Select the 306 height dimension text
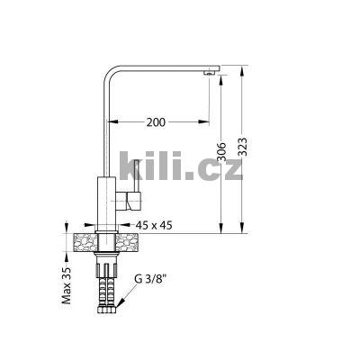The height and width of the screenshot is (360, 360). coord(221,154)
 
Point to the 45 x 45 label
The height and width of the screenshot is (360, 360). coord(154,227)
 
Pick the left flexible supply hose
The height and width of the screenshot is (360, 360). coord(101,288)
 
